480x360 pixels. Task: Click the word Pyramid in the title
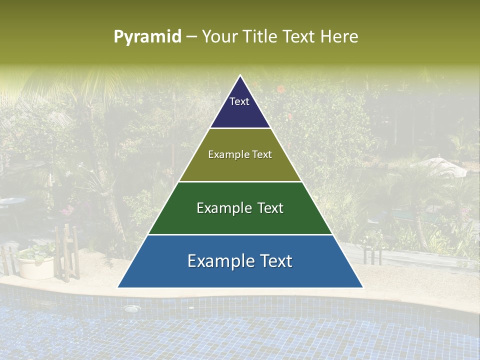[147, 36]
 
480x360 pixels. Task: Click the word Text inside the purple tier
[239, 101]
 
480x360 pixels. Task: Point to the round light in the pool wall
[131, 309]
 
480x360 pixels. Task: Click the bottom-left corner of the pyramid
[118, 287]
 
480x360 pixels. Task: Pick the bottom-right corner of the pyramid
[362, 287]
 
